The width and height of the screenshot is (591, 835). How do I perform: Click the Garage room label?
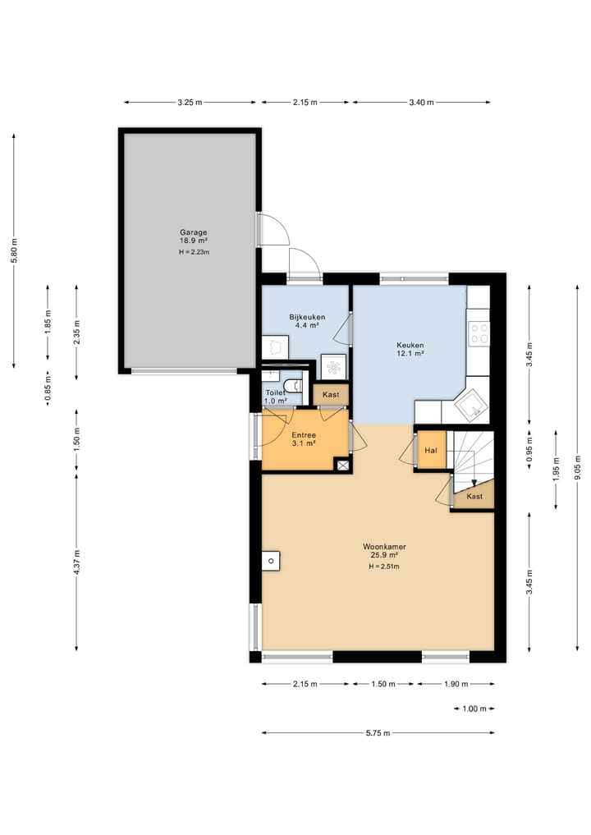coord(193,232)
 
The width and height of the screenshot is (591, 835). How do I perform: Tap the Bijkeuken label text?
coord(307,317)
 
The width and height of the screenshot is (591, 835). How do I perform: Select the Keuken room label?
coord(410,345)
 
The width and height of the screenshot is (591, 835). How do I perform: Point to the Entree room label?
coord(304,435)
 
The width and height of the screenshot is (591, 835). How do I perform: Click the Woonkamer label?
coord(384,546)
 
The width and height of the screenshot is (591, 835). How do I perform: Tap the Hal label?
coord(431,451)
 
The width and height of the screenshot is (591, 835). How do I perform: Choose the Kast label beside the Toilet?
coord(331,395)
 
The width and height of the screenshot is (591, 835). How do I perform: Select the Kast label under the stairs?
coord(474,496)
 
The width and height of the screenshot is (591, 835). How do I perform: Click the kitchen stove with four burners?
coord(479,333)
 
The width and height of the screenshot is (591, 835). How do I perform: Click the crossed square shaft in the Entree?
coord(343,466)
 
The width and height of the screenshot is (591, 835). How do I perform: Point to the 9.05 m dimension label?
coord(578,467)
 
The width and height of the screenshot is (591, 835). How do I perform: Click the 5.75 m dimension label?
coord(378,732)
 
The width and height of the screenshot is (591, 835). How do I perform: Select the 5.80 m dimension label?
coord(15,250)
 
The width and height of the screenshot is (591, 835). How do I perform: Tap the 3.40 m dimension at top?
coord(421,103)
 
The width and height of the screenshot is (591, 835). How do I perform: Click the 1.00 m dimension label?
coord(474,709)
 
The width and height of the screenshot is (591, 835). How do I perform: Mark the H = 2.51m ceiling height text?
coord(384,567)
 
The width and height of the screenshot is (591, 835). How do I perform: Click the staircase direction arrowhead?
coord(474,483)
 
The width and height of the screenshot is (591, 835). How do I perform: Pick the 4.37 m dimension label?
coord(76,562)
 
